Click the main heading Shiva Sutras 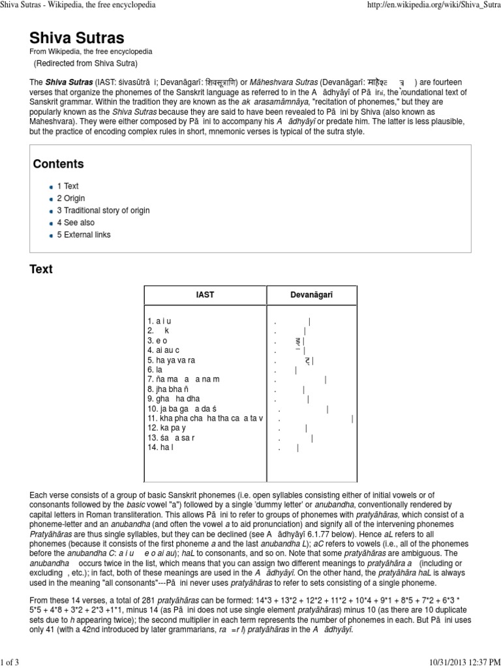(77, 37)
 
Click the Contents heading (58, 164)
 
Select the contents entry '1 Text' (67, 186)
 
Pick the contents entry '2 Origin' (70, 198)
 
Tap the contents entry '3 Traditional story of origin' (102, 210)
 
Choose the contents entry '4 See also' (75, 222)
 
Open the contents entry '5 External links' (83, 234)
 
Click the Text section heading (41, 269)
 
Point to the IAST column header (205, 295)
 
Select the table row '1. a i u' (159, 321)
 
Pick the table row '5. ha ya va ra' (171, 360)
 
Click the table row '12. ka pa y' (167, 428)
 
